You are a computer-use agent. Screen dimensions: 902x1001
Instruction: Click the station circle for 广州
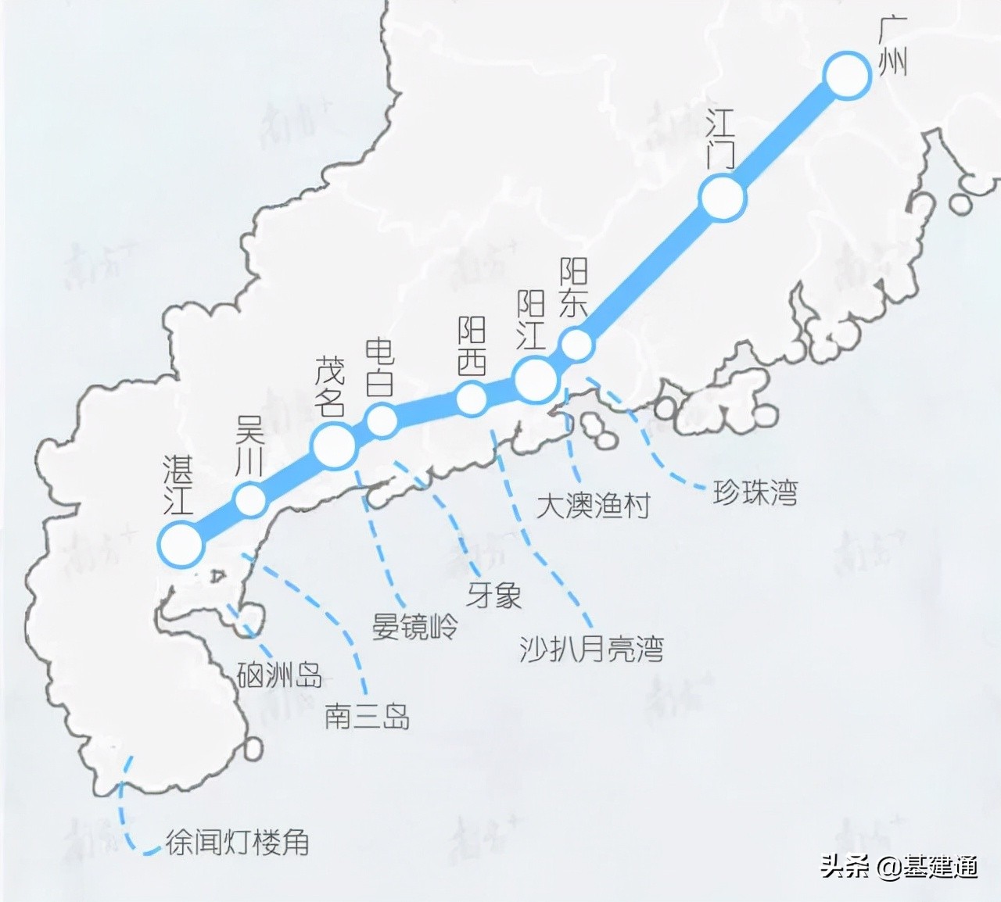point(847,75)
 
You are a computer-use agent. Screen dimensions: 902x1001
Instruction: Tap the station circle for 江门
point(723,199)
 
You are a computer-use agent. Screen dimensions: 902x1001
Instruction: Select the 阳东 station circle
point(577,345)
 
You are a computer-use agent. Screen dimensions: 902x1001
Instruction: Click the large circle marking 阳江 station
point(536,378)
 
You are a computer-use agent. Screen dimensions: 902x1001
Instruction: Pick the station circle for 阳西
point(472,398)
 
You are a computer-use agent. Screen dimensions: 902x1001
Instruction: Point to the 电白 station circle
point(382,421)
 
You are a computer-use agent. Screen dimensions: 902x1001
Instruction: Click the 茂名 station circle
point(335,446)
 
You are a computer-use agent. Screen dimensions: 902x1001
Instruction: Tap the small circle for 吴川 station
point(250,499)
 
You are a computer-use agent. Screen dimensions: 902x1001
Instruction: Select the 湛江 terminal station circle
point(181,544)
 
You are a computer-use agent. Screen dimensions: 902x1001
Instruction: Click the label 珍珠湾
point(755,493)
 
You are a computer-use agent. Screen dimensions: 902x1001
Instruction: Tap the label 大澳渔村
point(594,506)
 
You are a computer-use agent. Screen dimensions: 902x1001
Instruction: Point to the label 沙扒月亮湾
point(591,649)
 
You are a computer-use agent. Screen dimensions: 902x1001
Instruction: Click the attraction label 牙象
point(494,596)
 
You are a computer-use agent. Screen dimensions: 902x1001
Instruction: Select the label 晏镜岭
point(414,626)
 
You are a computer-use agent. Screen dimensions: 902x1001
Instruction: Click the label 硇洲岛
point(279,675)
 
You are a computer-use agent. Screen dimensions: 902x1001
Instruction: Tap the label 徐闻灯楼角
point(238,843)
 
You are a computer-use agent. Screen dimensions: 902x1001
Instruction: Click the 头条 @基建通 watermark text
point(899,867)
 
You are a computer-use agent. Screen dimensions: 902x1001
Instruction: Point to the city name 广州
point(892,48)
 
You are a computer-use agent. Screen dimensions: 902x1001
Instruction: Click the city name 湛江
point(178,485)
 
